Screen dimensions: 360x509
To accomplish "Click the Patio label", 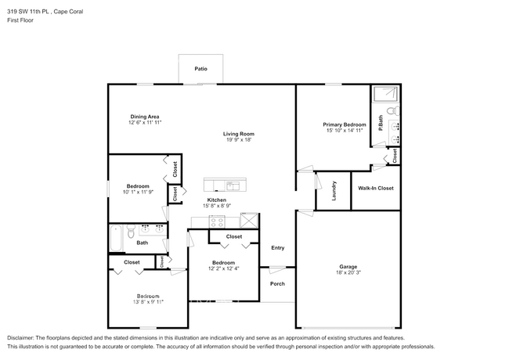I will point(200,70).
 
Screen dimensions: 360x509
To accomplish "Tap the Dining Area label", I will point(144,117).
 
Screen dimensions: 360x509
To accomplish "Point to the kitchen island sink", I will point(233,185).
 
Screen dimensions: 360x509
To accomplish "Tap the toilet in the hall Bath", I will point(131,231).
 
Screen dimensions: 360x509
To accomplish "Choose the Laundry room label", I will point(333,191).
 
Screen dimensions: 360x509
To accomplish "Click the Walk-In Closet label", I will point(376,189).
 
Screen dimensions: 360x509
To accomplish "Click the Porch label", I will point(277,283).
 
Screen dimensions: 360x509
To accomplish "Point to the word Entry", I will point(277,248).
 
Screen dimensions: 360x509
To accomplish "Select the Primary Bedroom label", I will point(345,124).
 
